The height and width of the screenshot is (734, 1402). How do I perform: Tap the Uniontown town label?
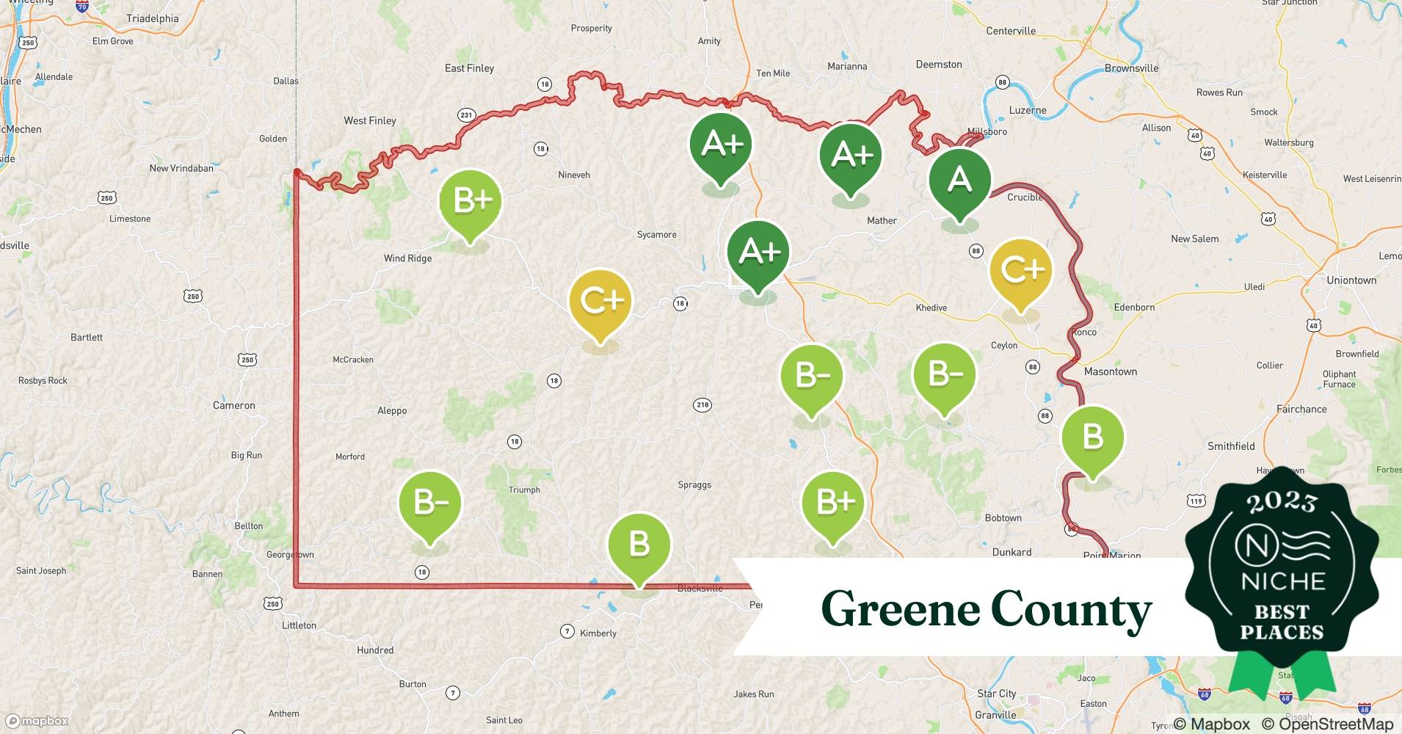1351,280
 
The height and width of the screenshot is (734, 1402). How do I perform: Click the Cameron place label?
233,405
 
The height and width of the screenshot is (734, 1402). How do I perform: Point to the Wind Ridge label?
407,258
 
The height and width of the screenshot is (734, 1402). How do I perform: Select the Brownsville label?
1131,68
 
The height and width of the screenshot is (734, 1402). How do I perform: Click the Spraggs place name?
694,485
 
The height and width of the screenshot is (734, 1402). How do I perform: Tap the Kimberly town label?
598,633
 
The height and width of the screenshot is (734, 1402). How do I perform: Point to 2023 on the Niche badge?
1282,502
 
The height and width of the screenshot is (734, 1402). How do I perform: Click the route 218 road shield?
702,404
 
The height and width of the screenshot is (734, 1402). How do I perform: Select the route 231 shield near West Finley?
466,115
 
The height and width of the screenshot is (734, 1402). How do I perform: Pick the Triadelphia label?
152,18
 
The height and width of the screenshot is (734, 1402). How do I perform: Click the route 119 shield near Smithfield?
1196,501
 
